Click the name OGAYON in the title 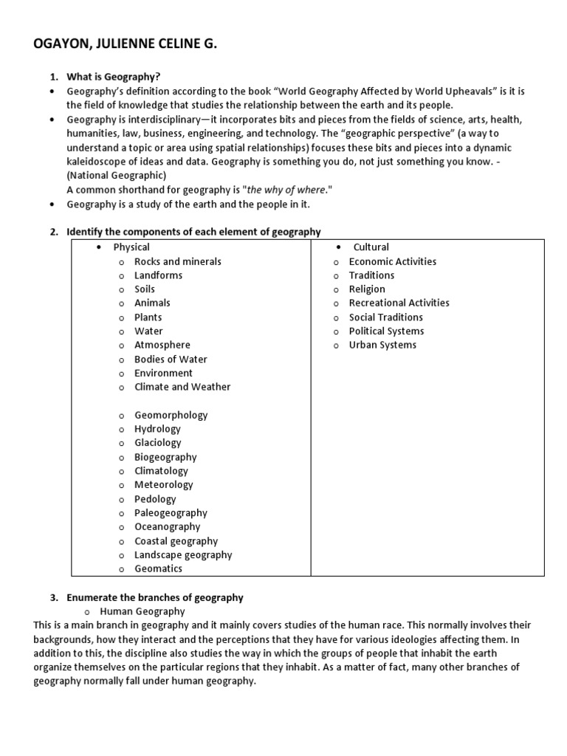65,45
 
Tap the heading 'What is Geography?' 113,77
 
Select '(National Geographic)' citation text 117,175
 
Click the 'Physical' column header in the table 131,247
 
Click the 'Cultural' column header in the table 371,247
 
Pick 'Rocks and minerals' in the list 177,261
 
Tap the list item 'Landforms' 158,275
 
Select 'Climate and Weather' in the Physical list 182,387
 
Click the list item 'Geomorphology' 171,415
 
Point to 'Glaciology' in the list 157,443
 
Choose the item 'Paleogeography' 171,513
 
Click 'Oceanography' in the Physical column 167,527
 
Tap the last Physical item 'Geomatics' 158,569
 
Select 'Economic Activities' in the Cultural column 392,261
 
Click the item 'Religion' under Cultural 367,289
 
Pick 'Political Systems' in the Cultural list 386,331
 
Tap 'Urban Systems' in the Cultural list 382,345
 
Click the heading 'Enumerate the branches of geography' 155,597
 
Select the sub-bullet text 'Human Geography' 142,611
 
